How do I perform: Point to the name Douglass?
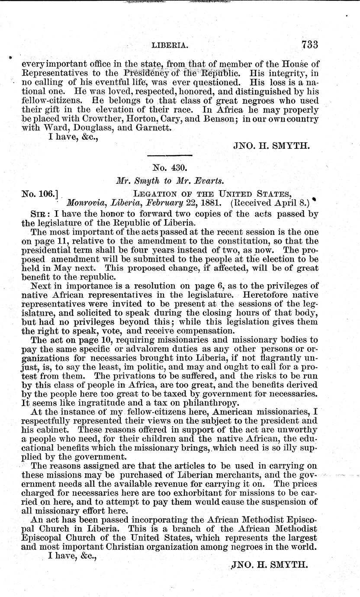click(x=97, y=128)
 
